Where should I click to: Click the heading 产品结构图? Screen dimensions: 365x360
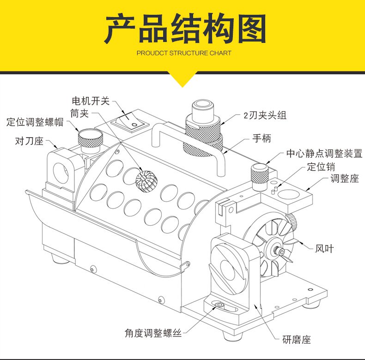click(x=185, y=28)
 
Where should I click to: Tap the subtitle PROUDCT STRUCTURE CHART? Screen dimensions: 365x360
click(x=184, y=53)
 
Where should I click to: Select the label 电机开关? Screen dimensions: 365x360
click(x=91, y=101)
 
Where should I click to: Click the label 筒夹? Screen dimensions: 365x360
click(x=79, y=113)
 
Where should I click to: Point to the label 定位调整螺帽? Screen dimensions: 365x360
click(x=35, y=122)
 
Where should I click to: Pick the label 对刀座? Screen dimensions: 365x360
click(x=29, y=141)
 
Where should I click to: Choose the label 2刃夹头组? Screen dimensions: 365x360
click(x=265, y=115)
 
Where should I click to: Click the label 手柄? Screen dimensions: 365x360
click(x=262, y=138)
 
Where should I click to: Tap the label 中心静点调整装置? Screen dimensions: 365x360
click(x=324, y=154)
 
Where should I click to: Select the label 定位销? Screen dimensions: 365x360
click(x=321, y=167)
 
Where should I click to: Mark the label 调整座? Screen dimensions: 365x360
click(x=345, y=179)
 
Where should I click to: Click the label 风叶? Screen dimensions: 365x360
click(x=324, y=249)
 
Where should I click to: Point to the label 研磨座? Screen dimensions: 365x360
click(x=297, y=340)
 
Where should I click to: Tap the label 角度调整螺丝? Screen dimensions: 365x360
click(x=153, y=333)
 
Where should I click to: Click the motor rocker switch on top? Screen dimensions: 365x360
click(x=129, y=120)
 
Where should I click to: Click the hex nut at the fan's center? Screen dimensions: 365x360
click(x=279, y=250)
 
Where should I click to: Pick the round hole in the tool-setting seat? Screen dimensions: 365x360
click(x=61, y=172)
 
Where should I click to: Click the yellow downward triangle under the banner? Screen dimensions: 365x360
click(x=183, y=79)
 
